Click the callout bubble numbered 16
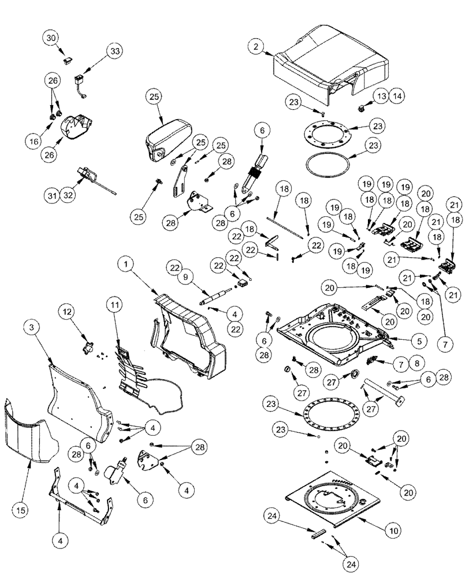tap(35, 139)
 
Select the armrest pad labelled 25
tap(166, 136)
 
